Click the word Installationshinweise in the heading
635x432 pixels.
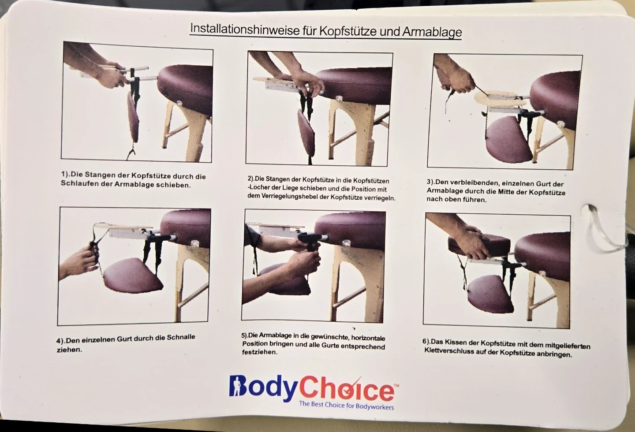click(245, 29)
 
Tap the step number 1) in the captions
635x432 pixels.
click(66, 174)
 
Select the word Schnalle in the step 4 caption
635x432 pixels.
click(181, 337)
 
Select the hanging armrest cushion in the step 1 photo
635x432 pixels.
click(133, 117)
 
